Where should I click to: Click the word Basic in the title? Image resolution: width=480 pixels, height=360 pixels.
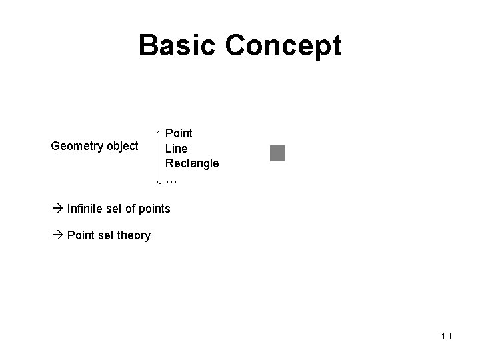coord(178,45)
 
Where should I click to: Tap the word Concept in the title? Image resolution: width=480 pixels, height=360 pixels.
coord(283,45)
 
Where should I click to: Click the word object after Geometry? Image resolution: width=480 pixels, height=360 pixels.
coord(122,146)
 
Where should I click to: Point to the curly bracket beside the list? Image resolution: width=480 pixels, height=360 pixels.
coord(157,156)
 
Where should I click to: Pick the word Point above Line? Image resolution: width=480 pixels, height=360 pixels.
coord(179,133)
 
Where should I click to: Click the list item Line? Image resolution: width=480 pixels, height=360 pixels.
coord(177,148)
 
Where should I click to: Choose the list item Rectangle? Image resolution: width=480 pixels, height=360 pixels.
coord(192,163)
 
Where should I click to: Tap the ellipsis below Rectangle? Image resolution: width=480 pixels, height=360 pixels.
coord(171,179)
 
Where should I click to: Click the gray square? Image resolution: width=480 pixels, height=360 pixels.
coord(277,153)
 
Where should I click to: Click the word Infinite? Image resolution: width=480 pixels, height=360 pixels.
coord(85,209)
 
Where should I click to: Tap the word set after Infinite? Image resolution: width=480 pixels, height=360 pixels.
coord(115,209)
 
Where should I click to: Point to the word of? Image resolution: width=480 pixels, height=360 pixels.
coord(132,209)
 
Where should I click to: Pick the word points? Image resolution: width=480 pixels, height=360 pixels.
coord(155,209)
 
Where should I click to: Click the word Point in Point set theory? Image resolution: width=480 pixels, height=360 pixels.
coord(81,235)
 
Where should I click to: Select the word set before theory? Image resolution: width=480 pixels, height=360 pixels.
coord(107,235)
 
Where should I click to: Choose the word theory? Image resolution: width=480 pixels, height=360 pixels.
coord(135,235)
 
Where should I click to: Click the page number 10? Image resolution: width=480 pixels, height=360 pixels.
coord(446,336)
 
